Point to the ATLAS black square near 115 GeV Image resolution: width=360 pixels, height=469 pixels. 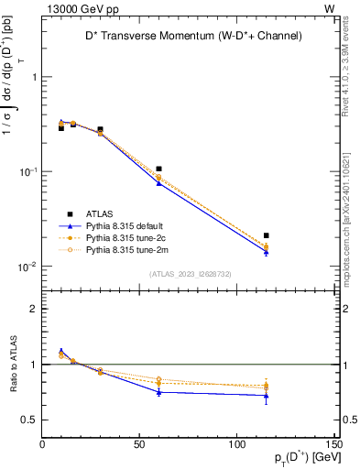tap(267, 235)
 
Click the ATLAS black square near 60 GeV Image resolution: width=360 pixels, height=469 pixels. tap(159, 169)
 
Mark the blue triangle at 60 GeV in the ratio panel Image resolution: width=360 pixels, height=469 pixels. tap(159, 392)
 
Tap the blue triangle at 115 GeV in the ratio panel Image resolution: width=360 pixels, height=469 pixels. tap(267, 396)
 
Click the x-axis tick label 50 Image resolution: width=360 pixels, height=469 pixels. tap(139, 444)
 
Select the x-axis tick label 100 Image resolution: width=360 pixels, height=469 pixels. tap(236, 444)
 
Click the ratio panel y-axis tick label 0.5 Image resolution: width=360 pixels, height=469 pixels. tap(30, 420)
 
